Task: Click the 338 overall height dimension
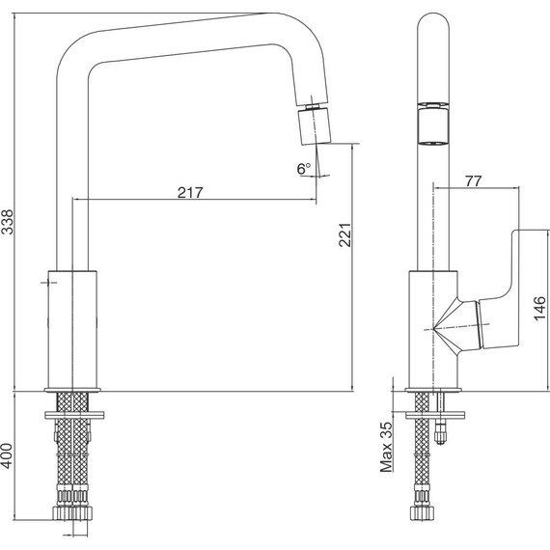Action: pyautogui.click(x=7, y=221)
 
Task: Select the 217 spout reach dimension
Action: pyautogui.click(x=190, y=193)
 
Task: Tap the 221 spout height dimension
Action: pyautogui.click(x=344, y=234)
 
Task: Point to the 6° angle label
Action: pyautogui.click(x=304, y=169)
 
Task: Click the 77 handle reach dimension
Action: pyautogui.click(x=474, y=181)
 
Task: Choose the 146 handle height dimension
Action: pyautogui.click(x=539, y=309)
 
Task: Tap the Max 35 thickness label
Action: pyautogui.click(x=386, y=447)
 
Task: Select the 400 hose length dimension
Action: pyautogui.click(x=7, y=456)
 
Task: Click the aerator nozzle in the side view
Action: pyautogui.click(x=315, y=126)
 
